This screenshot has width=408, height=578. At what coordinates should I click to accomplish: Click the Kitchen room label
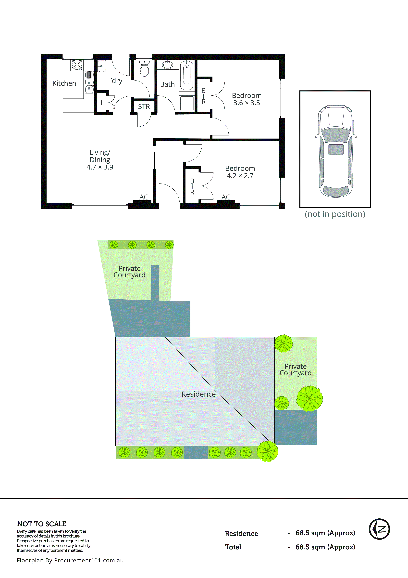tap(64, 83)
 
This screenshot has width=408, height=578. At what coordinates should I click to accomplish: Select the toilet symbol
tap(144, 68)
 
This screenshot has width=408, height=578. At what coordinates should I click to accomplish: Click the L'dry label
tap(115, 81)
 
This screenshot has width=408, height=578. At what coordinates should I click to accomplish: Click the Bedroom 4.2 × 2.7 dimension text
tap(240, 176)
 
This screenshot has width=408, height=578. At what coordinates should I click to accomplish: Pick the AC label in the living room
tap(144, 197)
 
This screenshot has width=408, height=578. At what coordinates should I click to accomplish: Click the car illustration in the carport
tap(335, 151)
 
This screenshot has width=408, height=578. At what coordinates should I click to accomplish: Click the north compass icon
tap(379, 529)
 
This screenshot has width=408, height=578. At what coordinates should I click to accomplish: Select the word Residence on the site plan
tap(198, 394)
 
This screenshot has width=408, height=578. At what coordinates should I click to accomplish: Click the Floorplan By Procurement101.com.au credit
tap(70, 560)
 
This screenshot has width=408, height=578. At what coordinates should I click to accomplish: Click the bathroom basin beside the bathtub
tap(167, 65)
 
